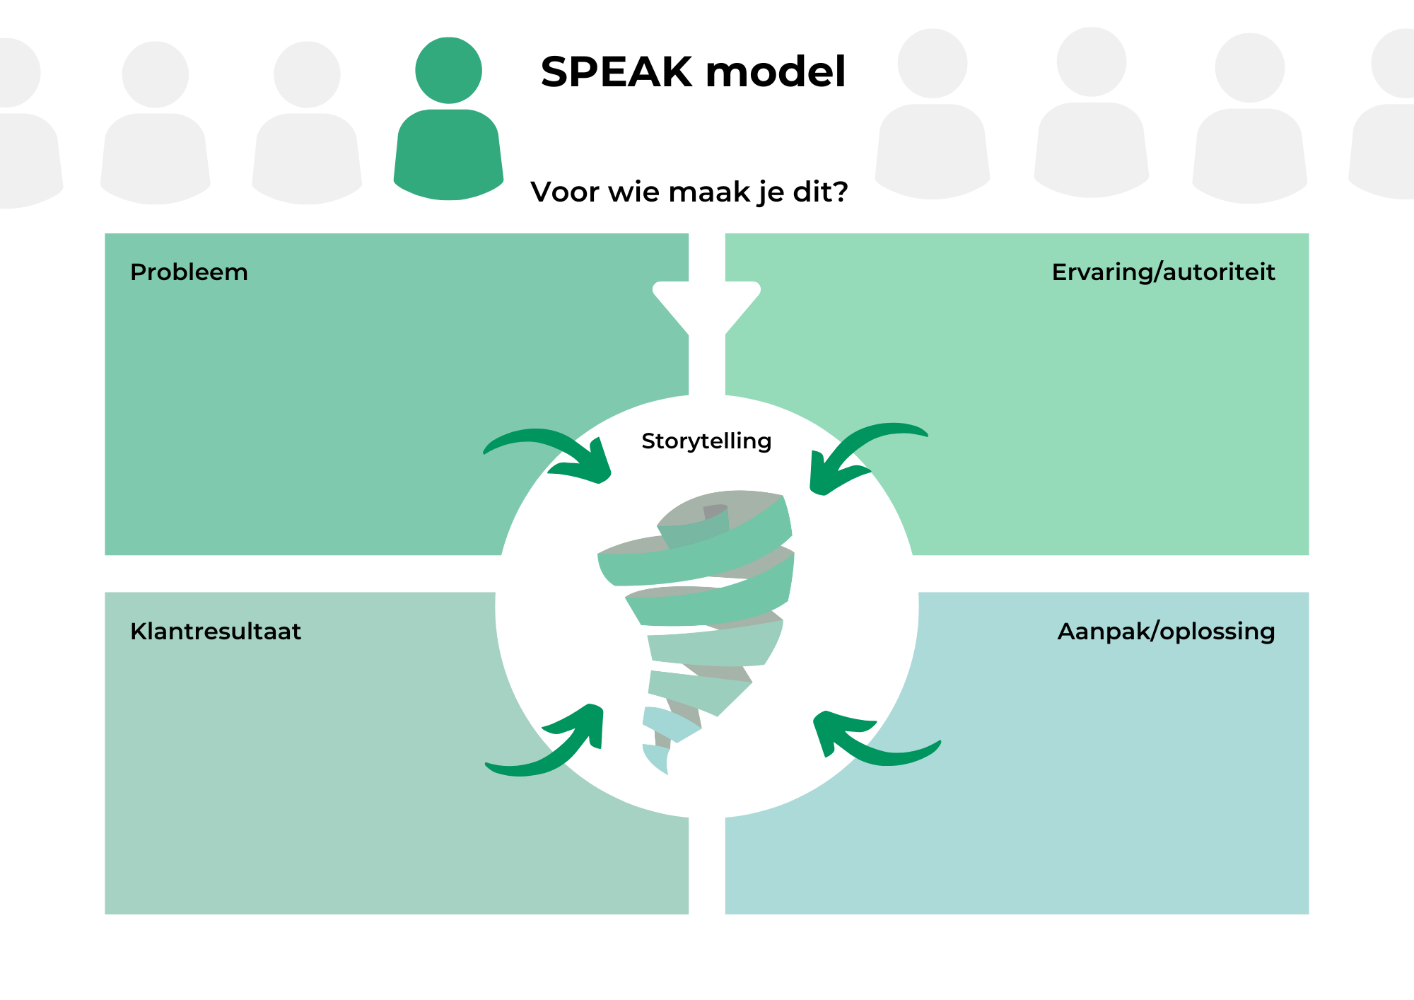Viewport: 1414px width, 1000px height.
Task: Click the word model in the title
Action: coord(776,71)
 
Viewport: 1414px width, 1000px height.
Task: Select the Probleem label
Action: coord(189,272)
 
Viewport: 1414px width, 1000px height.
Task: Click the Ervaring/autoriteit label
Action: coord(1163,272)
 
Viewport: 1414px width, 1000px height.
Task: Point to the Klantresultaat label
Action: coord(216,631)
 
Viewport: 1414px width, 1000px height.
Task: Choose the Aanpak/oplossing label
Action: coord(1166,631)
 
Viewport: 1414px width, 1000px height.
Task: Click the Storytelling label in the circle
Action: coord(706,441)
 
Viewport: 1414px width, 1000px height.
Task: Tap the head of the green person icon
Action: coord(448,70)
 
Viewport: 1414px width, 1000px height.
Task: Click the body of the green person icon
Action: coord(448,155)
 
